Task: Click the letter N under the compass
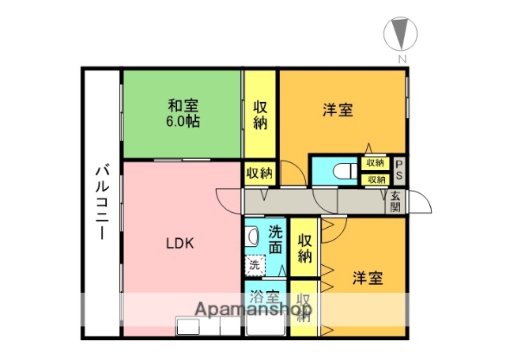pyautogui.click(x=402, y=59)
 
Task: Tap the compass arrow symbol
pyautogui.click(x=402, y=35)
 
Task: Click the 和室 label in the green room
pyautogui.click(x=183, y=105)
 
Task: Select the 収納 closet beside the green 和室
pyautogui.click(x=260, y=115)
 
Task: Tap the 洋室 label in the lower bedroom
pyautogui.click(x=368, y=278)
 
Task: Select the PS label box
pyautogui.click(x=399, y=169)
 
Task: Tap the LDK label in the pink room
pyautogui.click(x=180, y=244)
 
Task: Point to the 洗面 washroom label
pyautogui.click(x=275, y=239)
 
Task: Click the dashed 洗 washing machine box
pyautogui.click(x=255, y=264)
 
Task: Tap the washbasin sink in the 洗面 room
pyautogui.click(x=251, y=236)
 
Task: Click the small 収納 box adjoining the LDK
pyautogui.click(x=259, y=172)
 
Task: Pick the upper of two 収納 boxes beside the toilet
pyautogui.click(x=375, y=162)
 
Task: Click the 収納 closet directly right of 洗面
pyautogui.click(x=304, y=247)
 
